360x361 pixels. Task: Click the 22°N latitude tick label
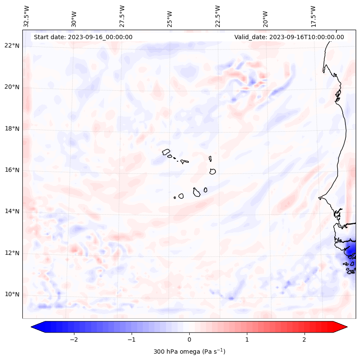[x=12, y=46]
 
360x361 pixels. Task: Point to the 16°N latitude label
[x=12, y=170]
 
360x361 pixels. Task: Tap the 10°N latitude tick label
[x=12, y=294]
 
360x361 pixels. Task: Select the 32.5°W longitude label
[x=27, y=16]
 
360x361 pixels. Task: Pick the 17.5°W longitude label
[x=313, y=16]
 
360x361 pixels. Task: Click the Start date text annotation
[x=83, y=37]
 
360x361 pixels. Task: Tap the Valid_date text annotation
[x=289, y=37]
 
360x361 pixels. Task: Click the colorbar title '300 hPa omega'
[x=189, y=352]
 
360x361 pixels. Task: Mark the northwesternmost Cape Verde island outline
[x=166, y=151]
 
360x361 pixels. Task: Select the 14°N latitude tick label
[x=12, y=211]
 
